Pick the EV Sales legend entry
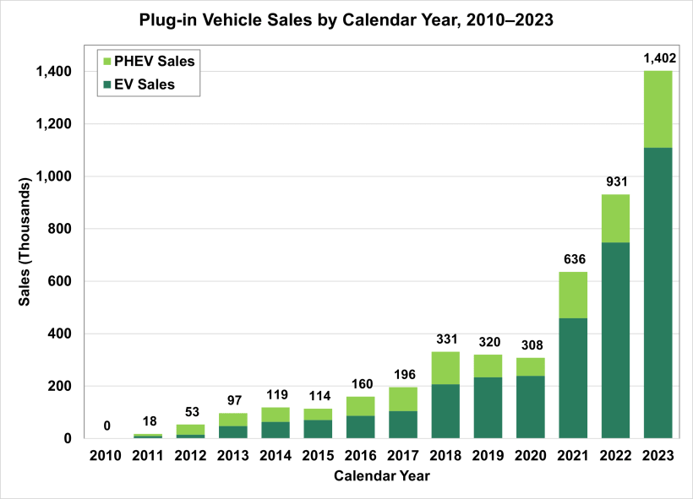pos(139,84)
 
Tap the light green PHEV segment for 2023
pos(658,109)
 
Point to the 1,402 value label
pos(658,58)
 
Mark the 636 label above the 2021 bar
pos(573,259)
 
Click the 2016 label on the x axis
pos(361,457)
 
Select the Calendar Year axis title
pos(381,476)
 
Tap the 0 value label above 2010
pos(107,426)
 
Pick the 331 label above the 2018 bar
pos(445,339)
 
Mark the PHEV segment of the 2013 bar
pos(233,420)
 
